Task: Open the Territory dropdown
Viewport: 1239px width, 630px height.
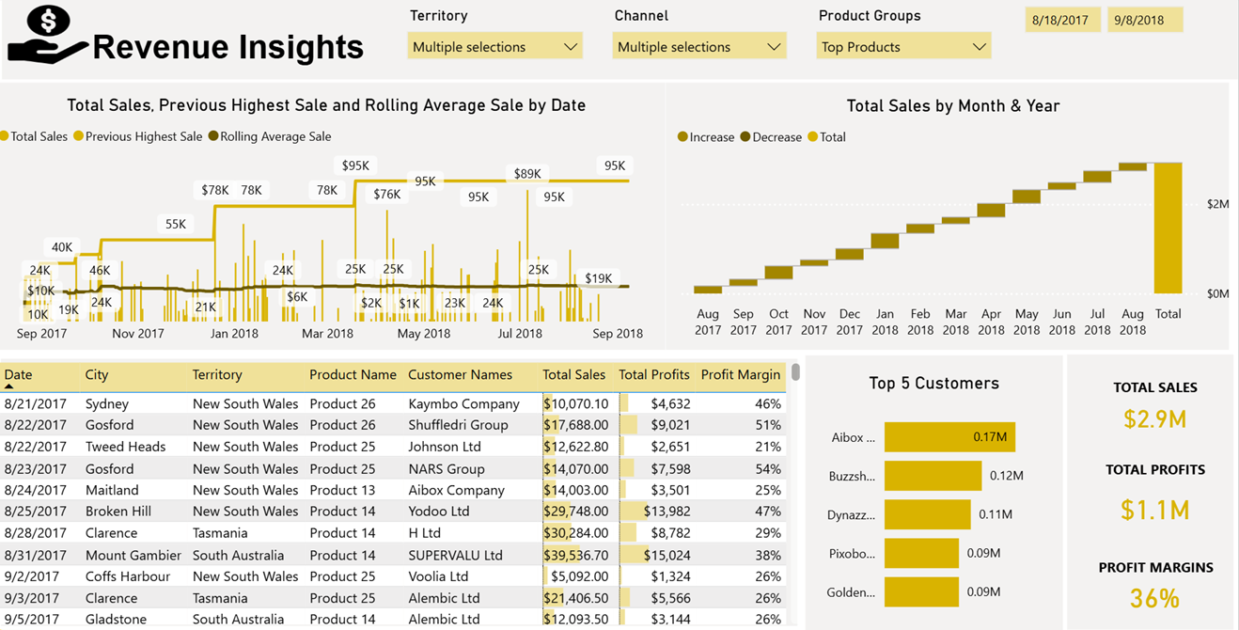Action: [494, 47]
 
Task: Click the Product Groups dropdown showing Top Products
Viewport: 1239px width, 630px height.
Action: [903, 47]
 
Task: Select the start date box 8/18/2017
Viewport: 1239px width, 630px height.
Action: [1060, 20]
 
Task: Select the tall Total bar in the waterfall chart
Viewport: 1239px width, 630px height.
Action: [1168, 228]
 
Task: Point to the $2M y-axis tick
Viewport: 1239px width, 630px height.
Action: [1217, 204]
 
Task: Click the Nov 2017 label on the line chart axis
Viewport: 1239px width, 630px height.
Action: [138, 334]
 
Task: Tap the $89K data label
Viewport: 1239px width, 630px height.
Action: [527, 174]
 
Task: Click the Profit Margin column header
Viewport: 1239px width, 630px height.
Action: [740, 375]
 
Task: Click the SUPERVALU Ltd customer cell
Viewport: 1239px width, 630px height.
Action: [455, 556]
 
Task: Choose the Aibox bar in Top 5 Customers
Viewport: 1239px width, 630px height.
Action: [949, 437]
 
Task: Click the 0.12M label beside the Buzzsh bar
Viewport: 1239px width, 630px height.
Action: [1006, 476]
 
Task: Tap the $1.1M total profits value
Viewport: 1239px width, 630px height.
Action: [1154, 511]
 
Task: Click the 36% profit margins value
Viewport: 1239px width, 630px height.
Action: [1154, 598]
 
